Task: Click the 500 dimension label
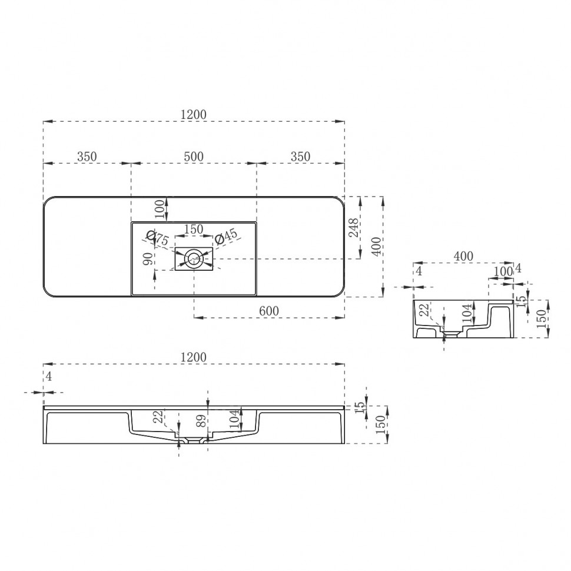(x=194, y=157)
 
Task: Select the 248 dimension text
(x=353, y=227)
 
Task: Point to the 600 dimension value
(x=268, y=310)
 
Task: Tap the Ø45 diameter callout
(x=226, y=237)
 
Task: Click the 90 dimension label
(x=149, y=258)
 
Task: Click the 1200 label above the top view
(x=194, y=115)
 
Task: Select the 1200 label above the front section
(x=194, y=357)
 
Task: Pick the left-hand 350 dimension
(x=87, y=157)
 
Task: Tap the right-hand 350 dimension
(x=300, y=157)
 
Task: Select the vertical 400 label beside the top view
(x=377, y=243)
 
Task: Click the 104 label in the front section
(x=234, y=419)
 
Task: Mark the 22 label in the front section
(x=157, y=417)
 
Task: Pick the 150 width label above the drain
(x=194, y=229)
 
